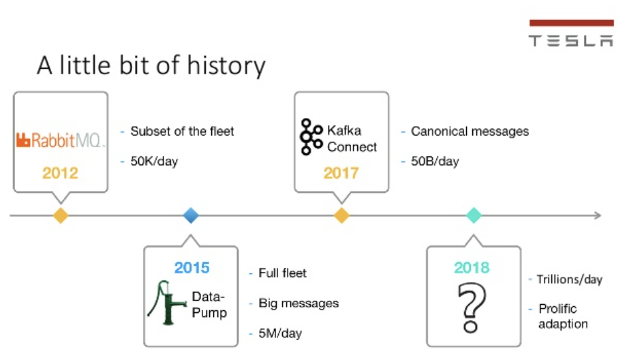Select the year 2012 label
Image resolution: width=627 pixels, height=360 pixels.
tap(61, 173)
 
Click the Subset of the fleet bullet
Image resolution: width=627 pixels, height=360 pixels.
tap(182, 131)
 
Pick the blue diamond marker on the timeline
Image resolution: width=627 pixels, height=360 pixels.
tap(192, 215)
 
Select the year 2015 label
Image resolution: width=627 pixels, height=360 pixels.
tap(192, 268)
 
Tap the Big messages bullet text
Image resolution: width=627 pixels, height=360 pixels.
tap(299, 303)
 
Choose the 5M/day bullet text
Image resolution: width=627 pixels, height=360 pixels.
tap(280, 333)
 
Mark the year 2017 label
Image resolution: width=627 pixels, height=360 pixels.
tap(341, 173)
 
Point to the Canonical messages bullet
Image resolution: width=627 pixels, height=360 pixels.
tap(470, 131)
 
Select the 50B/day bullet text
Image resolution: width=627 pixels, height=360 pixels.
tap(435, 162)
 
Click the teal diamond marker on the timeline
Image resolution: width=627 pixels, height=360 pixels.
tap(474, 215)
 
